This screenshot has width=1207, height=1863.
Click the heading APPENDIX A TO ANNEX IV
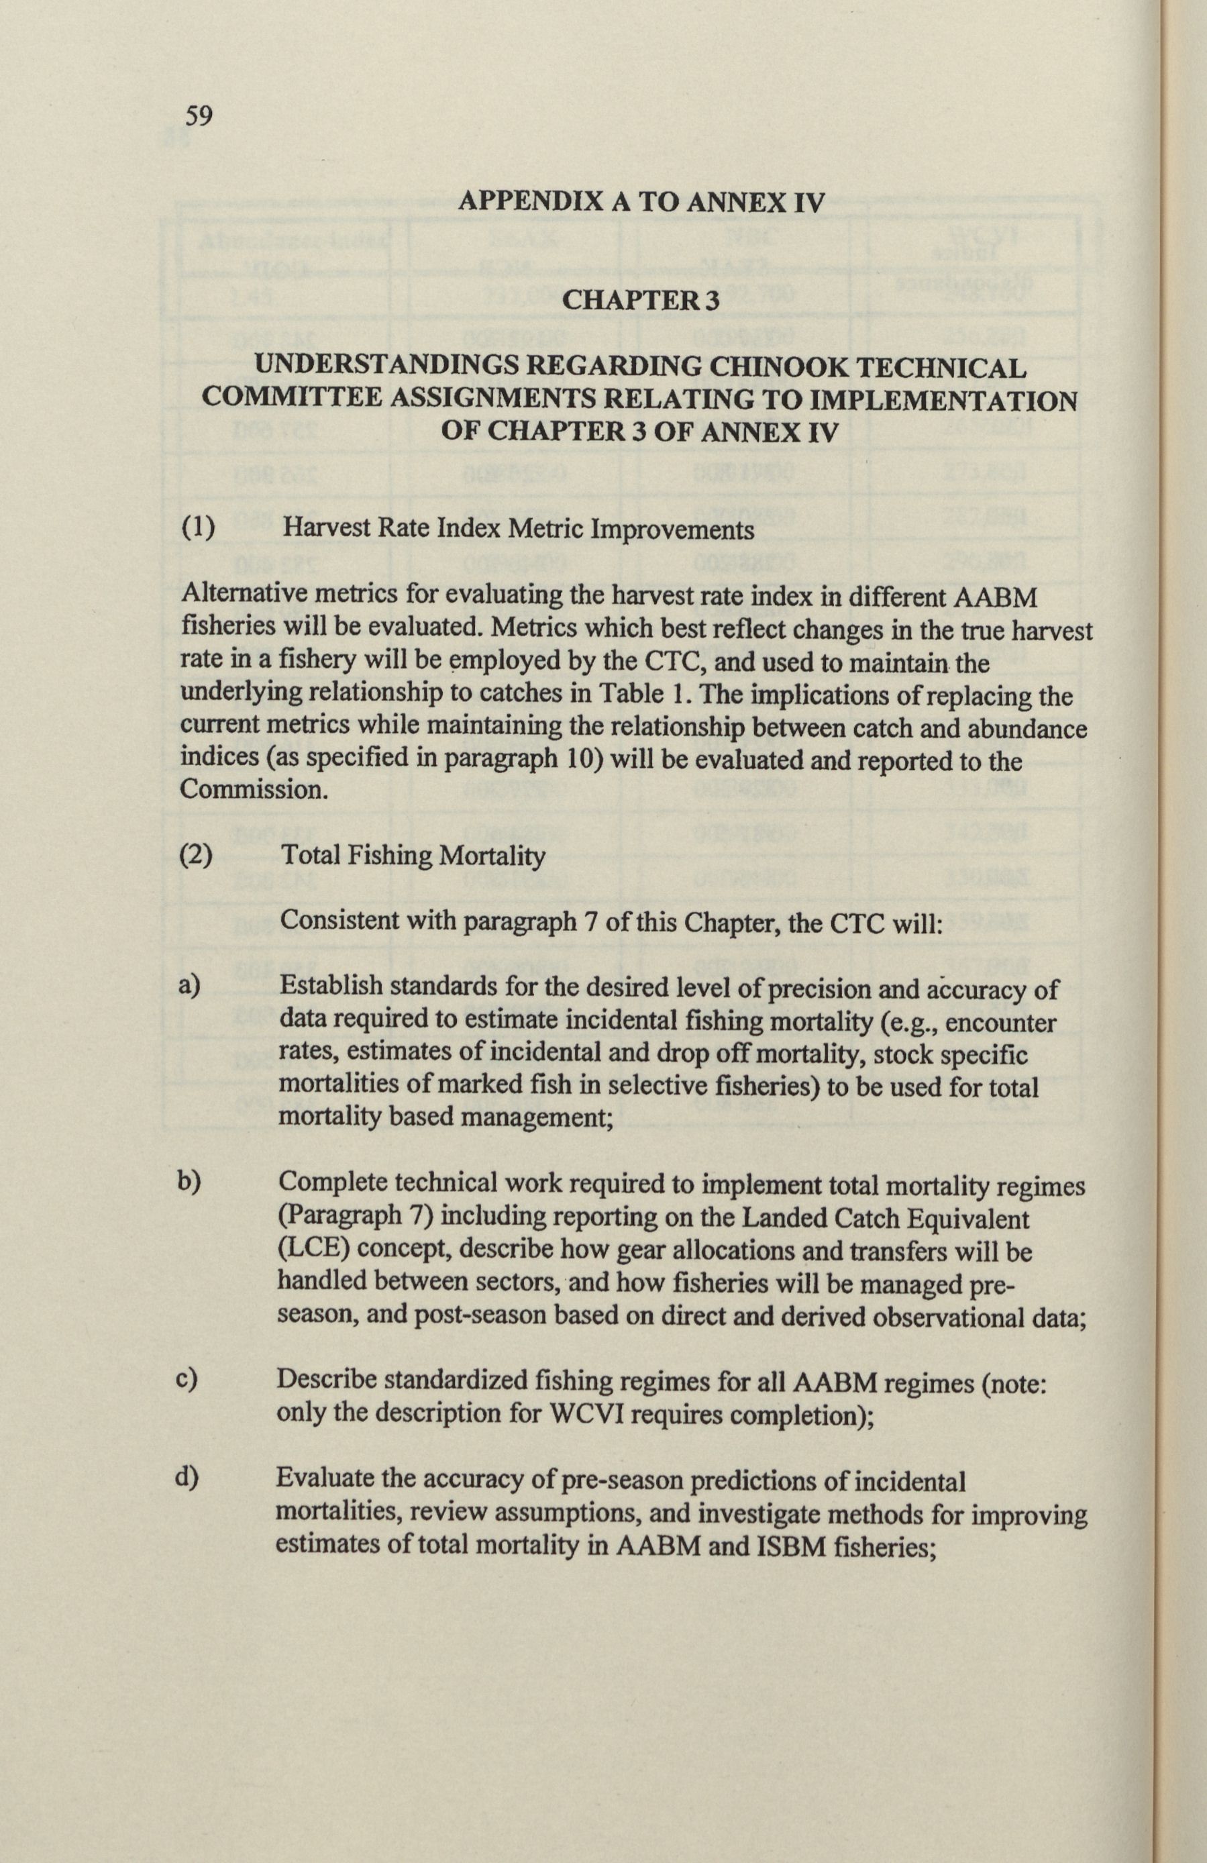click(641, 203)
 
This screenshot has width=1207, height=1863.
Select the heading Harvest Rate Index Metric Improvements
click(518, 530)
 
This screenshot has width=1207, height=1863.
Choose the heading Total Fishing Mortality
click(413, 856)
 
